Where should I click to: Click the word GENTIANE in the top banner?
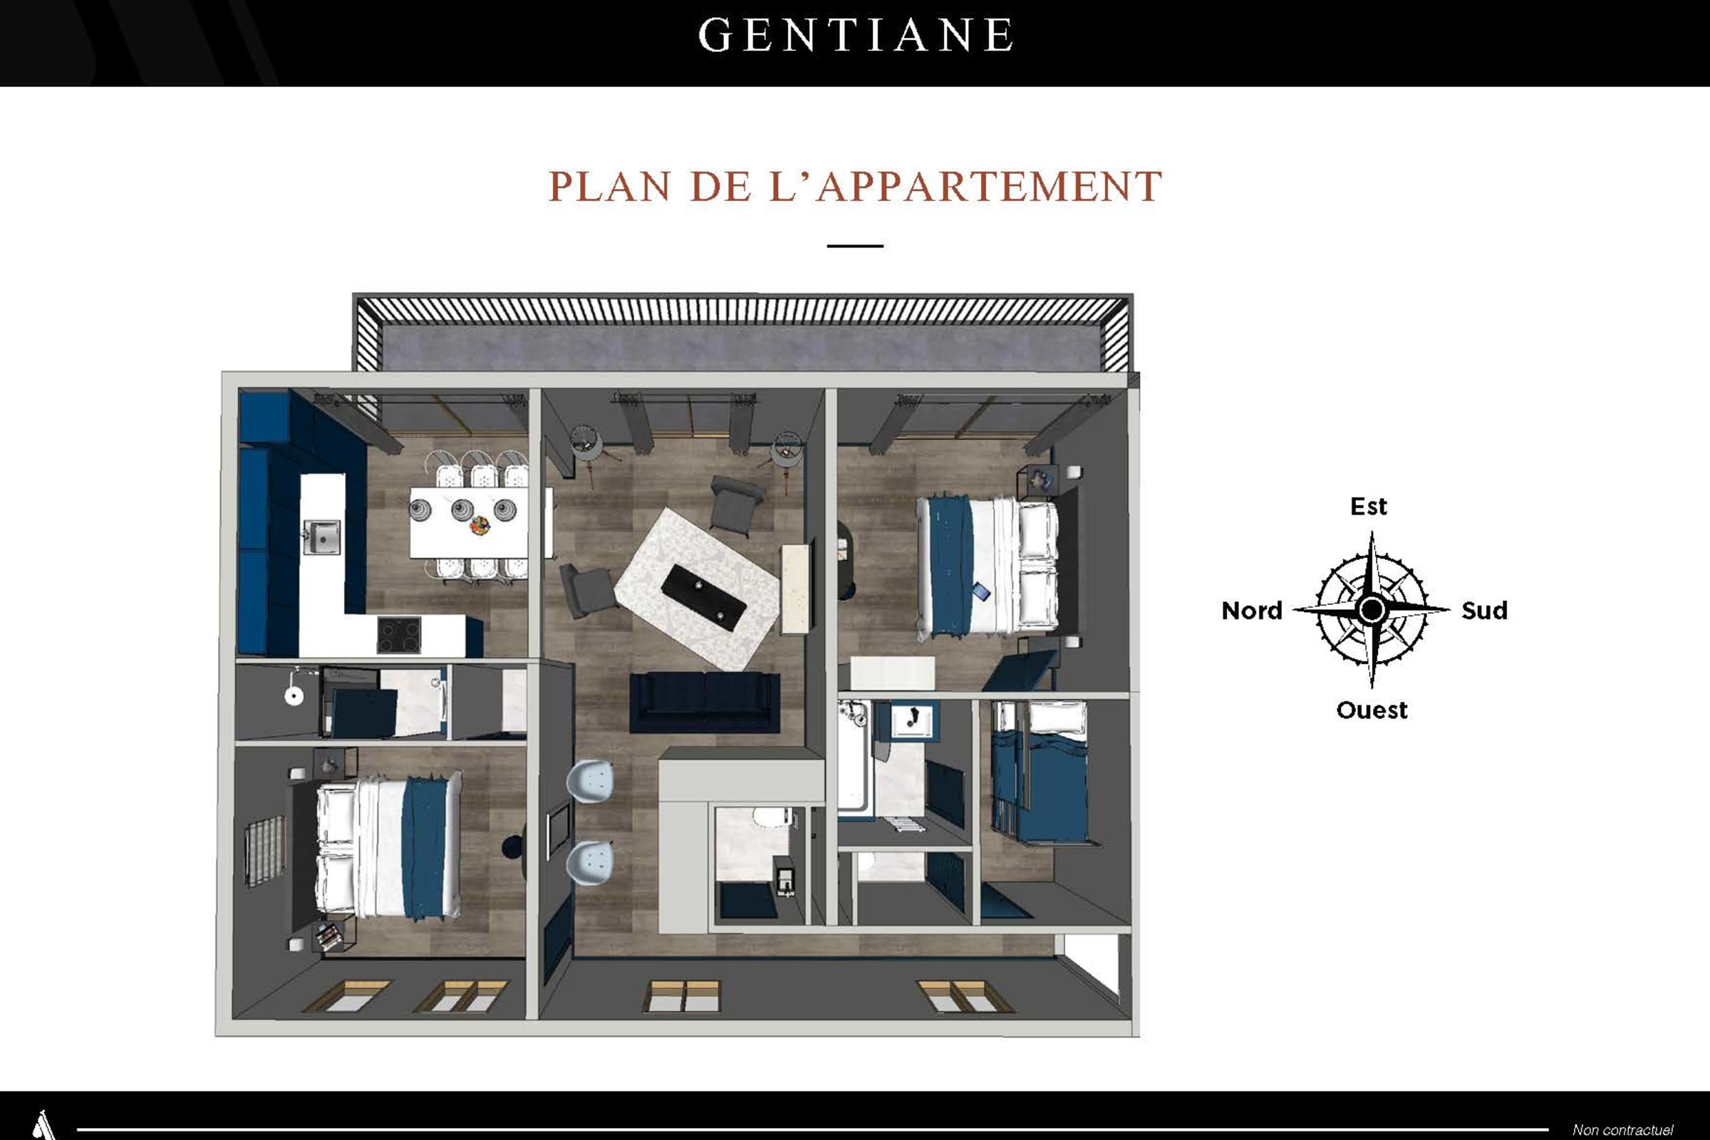point(856,35)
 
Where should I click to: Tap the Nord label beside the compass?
point(1252,611)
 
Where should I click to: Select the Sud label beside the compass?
point(1485,611)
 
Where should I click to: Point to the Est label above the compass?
point(1368,506)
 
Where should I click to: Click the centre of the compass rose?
point(1372,609)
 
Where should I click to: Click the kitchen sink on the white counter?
point(321,537)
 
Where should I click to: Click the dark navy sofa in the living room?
point(705,703)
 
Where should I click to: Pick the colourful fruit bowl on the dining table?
point(480,525)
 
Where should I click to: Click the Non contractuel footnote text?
point(1623,1130)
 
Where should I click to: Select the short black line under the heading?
point(855,247)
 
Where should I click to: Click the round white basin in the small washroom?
point(294,697)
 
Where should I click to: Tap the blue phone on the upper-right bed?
point(981,591)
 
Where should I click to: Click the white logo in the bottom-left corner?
point(43,1125)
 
